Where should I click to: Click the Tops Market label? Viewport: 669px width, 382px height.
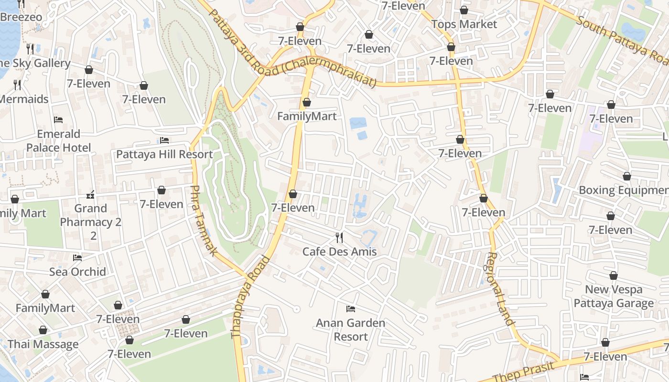[464, 24]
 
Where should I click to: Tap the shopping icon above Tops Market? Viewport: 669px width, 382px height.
[464, 10]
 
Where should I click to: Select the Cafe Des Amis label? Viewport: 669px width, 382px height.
[339, 252]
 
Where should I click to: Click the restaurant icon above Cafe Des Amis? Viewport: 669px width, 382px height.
[339, 237]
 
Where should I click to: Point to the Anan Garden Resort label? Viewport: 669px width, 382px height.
[350, 329]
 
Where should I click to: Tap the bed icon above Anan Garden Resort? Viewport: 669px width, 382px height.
[350, 309]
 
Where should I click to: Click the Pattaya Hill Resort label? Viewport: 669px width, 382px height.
[164, 154]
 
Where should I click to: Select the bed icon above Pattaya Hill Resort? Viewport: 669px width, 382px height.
[164, 140]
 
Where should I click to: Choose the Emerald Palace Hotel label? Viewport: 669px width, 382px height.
[58, 140]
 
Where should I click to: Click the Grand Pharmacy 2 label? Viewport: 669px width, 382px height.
[90, 215]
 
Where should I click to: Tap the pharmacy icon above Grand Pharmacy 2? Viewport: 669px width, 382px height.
[90, 195]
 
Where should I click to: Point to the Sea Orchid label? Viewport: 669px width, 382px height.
[77, 272]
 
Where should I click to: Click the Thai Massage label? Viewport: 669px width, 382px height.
[43, 344]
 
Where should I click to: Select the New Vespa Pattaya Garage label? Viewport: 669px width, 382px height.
[614, 296]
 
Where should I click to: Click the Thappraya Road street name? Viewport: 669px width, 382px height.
[250, 297]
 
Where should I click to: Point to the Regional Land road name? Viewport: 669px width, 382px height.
[500, 288]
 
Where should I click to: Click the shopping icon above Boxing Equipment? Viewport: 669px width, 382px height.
[626, 177]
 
